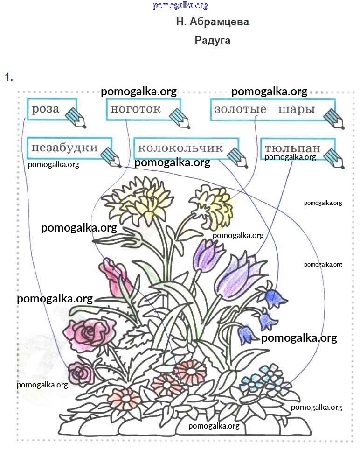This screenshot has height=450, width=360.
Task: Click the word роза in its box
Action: tap(45, 110)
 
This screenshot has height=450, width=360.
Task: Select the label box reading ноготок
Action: tap(135, 110)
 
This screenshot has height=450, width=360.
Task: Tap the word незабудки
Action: tap(64, 148)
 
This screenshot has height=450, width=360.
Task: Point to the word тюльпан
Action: tap(292, 148)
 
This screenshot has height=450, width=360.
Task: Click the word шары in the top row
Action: tap(297, 110)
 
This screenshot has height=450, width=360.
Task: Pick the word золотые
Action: tap(240, 110)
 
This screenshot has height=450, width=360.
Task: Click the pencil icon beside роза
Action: tap(76, 117)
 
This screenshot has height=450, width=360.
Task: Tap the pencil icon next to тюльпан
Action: tap(334, 158)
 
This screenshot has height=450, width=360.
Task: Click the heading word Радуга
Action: tap(213, 40)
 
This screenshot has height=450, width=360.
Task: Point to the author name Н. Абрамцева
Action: tap(213, 22)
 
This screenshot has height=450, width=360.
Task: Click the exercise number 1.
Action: tap(8, 77)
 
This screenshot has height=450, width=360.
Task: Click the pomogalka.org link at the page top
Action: tap(180, 6)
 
